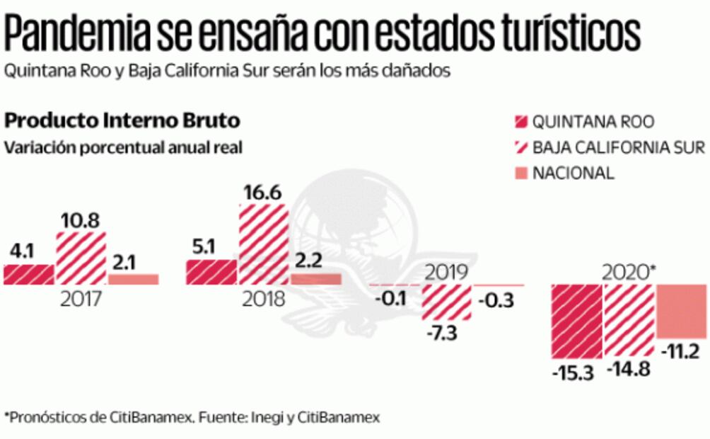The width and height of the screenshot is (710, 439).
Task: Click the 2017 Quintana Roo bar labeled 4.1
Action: click(x=29, y=274)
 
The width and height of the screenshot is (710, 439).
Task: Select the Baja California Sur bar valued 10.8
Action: click(x=81, y=258)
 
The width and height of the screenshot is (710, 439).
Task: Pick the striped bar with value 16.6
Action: click(x=263, y=244)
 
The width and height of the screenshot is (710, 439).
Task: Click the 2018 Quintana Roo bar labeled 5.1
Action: click(x=211, y=272)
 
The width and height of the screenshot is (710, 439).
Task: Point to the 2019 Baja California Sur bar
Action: click(x=446, y=304)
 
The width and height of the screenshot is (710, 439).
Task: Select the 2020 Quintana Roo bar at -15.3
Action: click(x=576, y=321)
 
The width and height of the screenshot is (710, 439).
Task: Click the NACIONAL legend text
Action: click(x=574, y=173)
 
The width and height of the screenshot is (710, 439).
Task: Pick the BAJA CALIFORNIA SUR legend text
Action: click(x=618, y=147)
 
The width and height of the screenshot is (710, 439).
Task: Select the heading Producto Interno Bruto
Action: click(x=122, y=120)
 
